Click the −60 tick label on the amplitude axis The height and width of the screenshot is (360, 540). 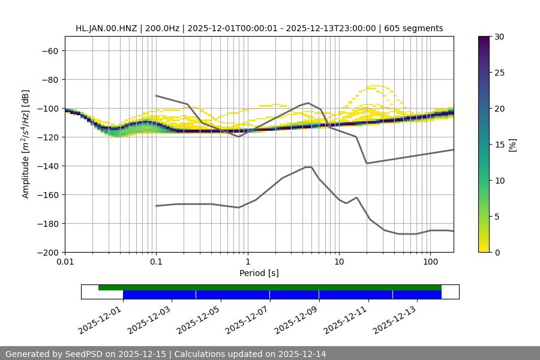point(49,51)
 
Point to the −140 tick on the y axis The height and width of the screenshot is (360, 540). point(49,166)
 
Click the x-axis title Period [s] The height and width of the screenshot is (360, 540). point(259,274)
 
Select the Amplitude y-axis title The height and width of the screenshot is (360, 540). point(26,144)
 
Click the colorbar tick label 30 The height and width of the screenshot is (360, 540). point(499,37)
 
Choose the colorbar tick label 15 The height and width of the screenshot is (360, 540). point(499,145)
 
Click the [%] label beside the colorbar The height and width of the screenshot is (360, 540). point(512,144)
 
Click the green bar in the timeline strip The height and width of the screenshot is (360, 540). point(270,287)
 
